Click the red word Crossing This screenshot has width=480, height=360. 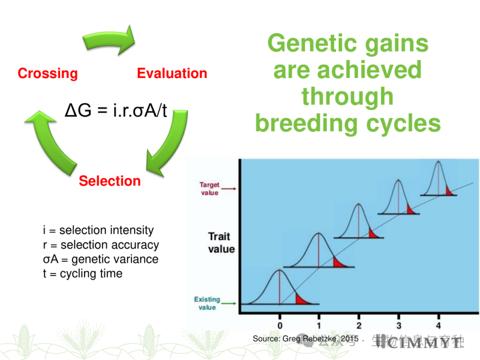(x=48, y=73)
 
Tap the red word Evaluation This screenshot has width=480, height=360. (x=172, y=73)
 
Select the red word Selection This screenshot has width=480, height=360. (x=110, y=181)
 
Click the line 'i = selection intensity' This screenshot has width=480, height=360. (x=98, y=230)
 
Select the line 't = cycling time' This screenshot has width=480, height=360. (x=83, y=273)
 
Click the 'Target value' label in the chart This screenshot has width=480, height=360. (x=209, y=188)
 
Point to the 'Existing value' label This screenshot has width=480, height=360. (x=207, y=303)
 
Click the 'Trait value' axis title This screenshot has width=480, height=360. (x=221, y=243)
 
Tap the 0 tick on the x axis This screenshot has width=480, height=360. (x=280, y=325)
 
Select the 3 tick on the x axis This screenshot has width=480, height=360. (x=399, y=325)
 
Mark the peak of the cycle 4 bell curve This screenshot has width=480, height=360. (x=438, y=162)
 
